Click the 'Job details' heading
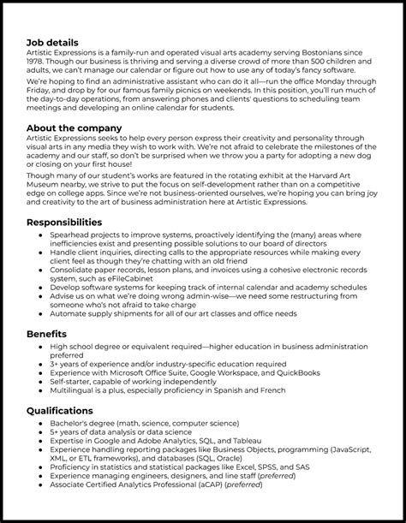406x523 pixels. coord(53,41)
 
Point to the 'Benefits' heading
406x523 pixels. coord(48,333)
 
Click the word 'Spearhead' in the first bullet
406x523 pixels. coord(75,234)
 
